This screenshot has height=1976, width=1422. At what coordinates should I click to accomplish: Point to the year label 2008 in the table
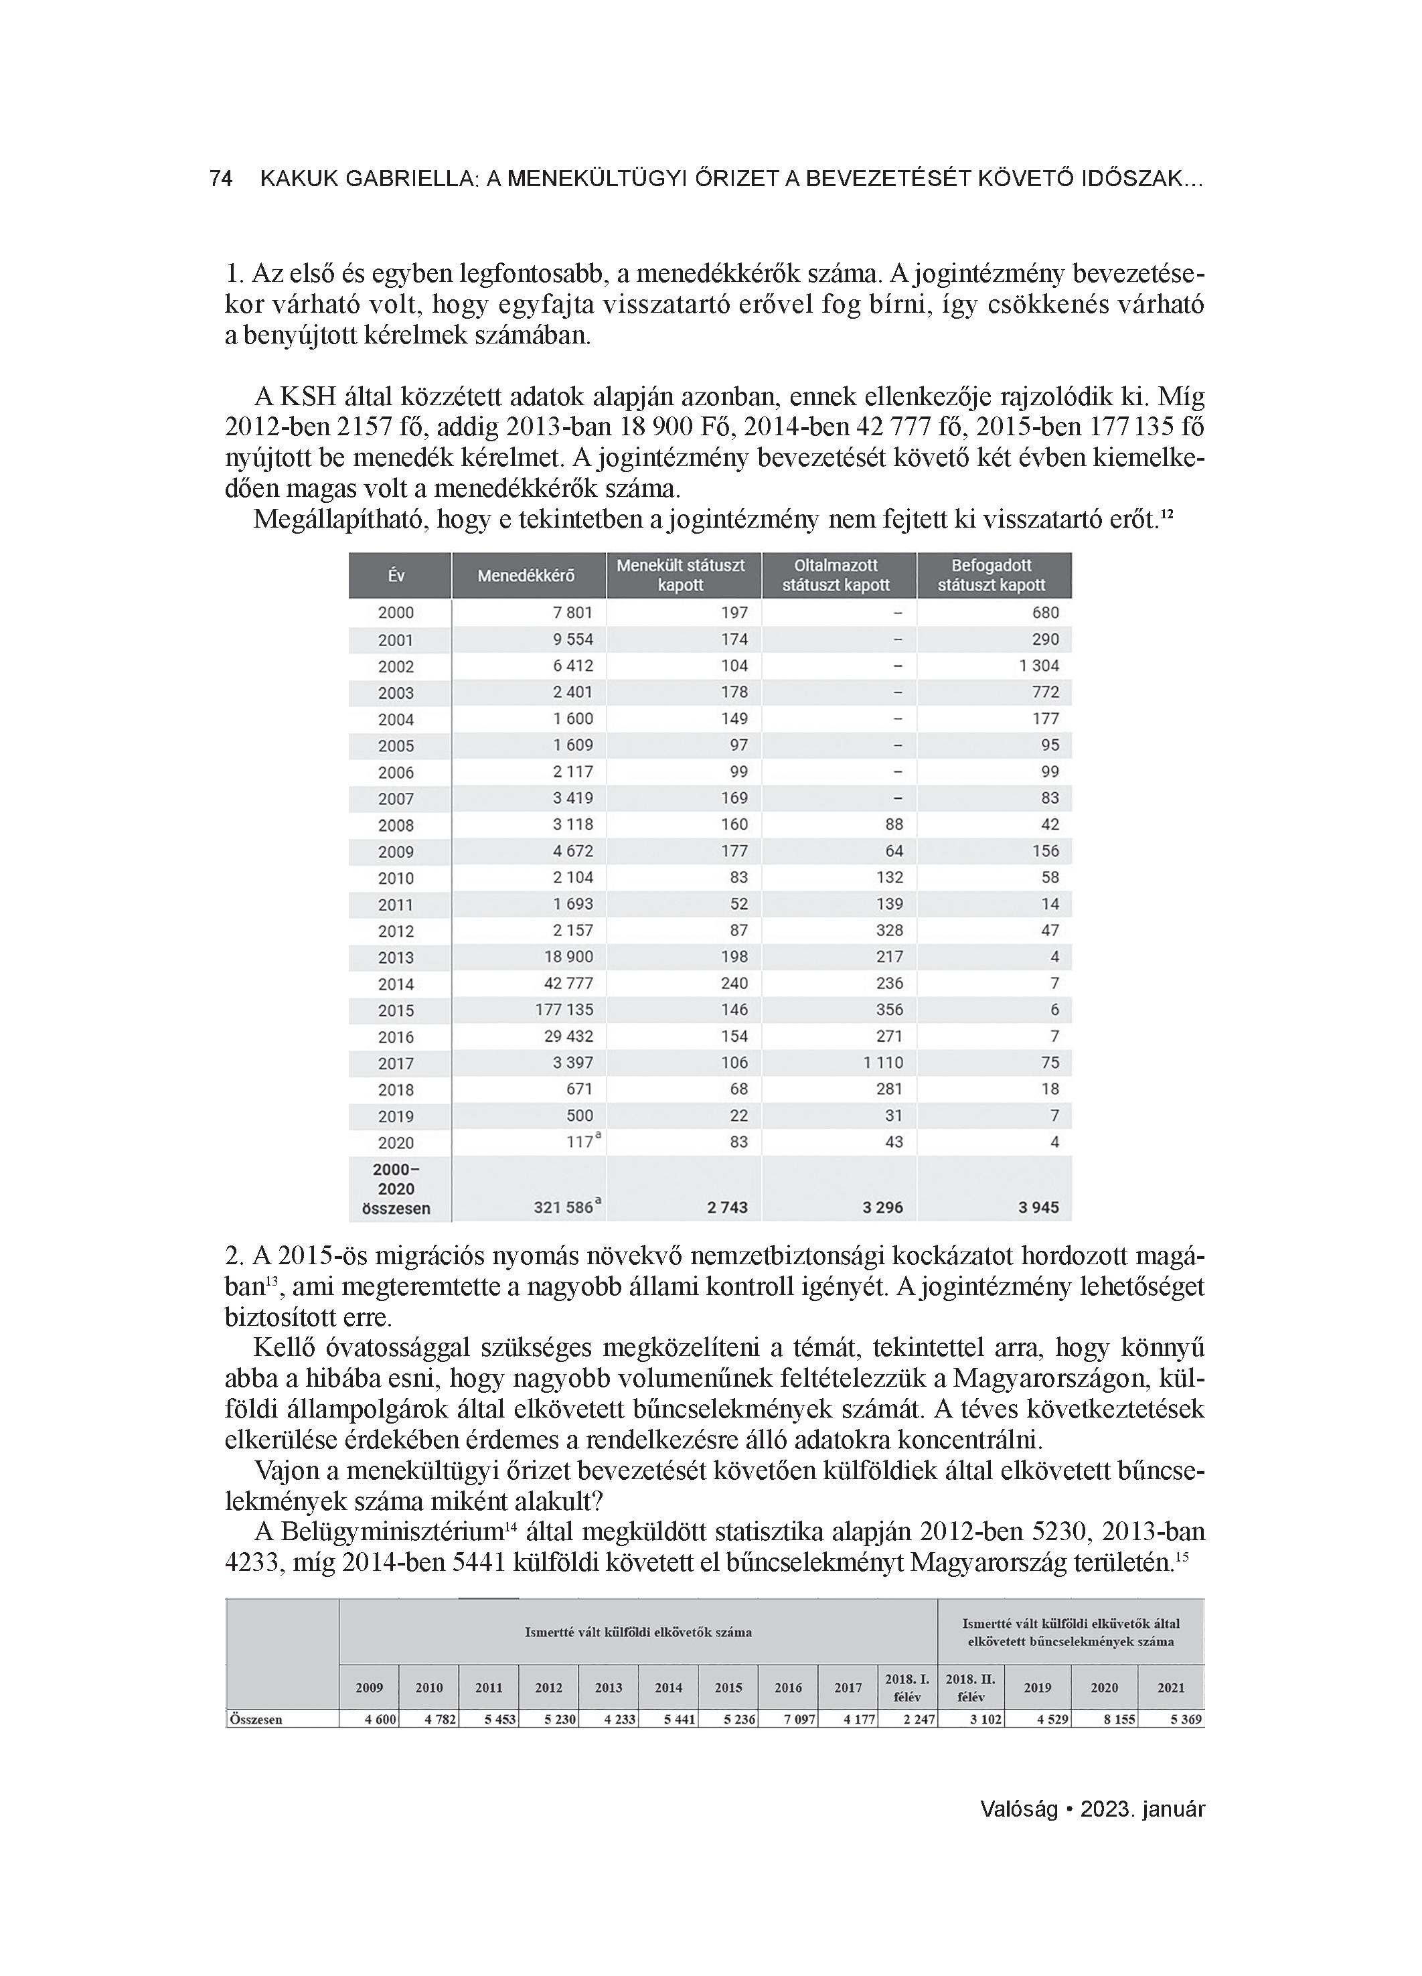pyautogui.click(x=396, y=825)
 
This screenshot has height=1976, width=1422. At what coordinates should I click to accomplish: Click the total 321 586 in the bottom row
pyautogui.click(x=564, y=1207)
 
